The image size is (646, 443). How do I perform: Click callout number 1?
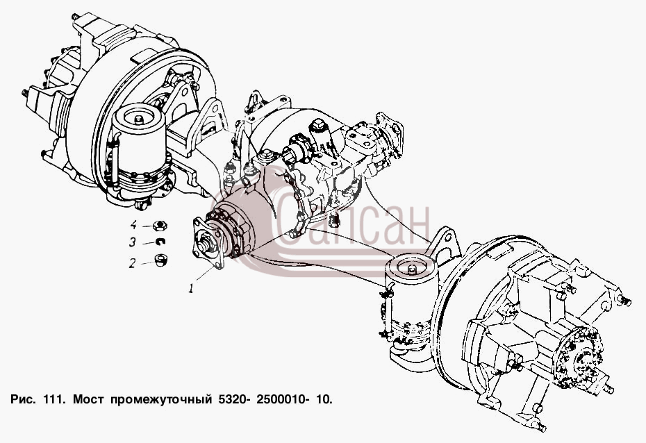tap(191, 289)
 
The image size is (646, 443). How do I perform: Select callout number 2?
tap(132, 263)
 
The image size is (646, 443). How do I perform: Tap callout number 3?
tap(132, 242)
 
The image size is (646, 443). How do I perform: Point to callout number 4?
tap(133, 225)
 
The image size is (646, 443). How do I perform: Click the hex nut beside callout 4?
tap(160, 225)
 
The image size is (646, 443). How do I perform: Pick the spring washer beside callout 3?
tap(160, 242)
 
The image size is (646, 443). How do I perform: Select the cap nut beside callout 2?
tap(160, 260)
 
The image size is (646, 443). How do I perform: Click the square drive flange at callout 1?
tap(208, 244)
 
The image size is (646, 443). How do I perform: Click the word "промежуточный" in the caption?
tap(158, 400)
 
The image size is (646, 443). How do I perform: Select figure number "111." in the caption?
tap(54, 399)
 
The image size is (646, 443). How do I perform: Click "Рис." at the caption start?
tap(24, 399)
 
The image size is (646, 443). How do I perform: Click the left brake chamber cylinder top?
tap(139, 116)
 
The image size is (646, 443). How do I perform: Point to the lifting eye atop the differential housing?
tap(254, 101)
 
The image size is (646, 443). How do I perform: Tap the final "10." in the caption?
tap(324, 399)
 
